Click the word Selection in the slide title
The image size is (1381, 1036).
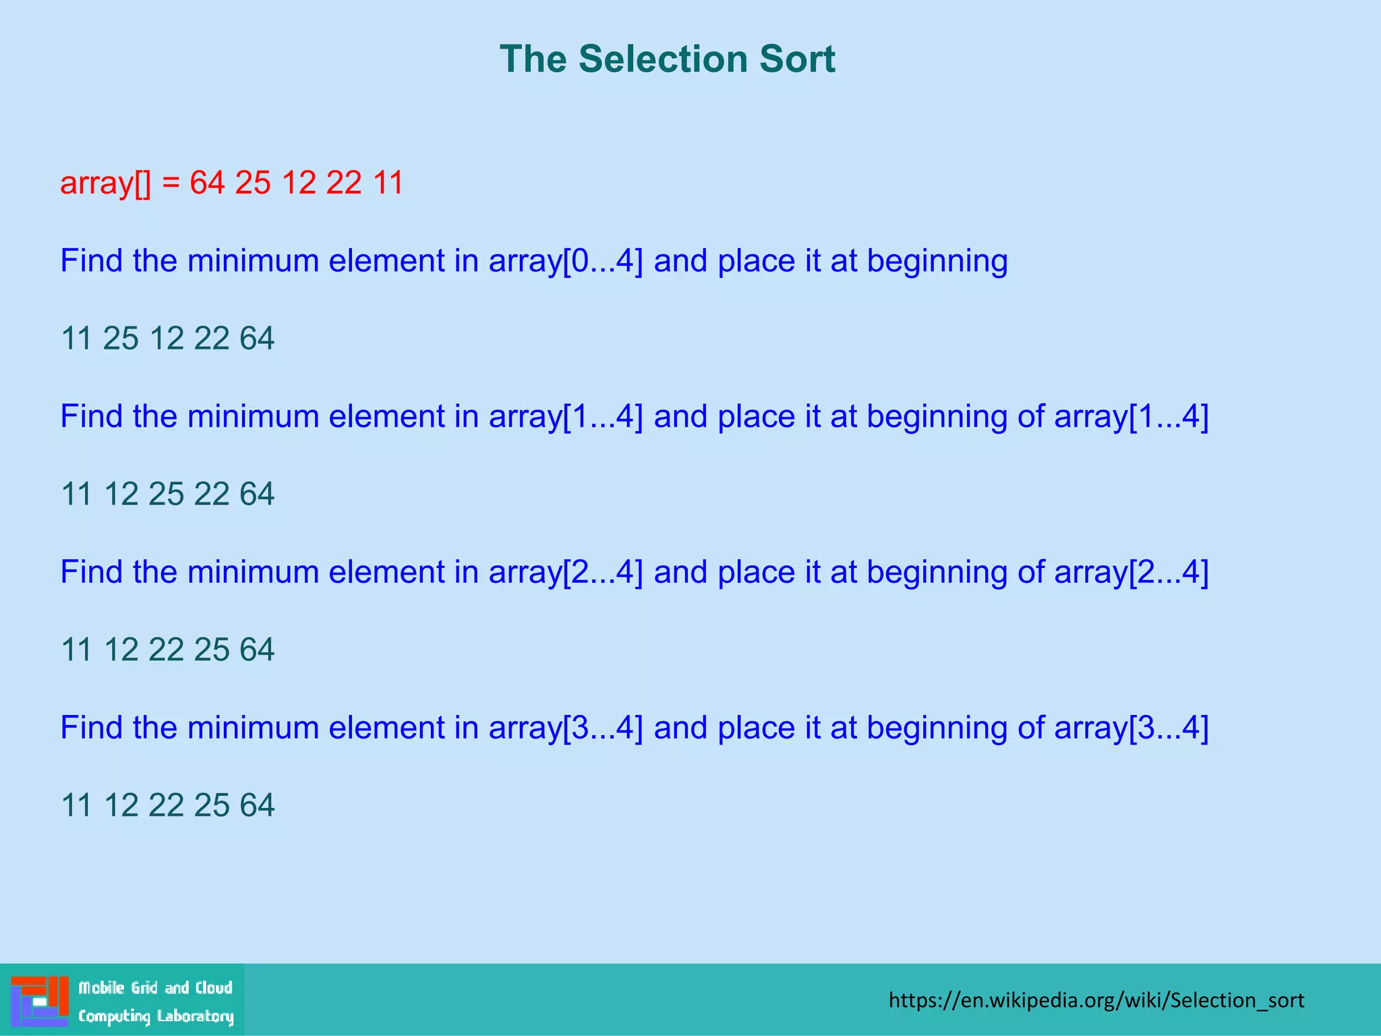(663, 59)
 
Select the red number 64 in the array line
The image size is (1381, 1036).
(207, 183)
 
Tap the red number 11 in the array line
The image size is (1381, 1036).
(388, 183)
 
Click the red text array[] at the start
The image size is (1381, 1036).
(105, 183)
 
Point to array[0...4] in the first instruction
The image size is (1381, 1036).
(565, 262)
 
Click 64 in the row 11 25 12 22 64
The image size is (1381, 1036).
(257, 339)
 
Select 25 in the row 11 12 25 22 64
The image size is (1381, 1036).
(166, 494)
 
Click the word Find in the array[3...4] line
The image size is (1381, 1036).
(91, 728)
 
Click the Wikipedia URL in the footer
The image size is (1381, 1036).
(1096, 1000)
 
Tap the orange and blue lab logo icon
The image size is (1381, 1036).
(40, 1000)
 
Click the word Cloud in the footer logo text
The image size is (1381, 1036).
(214, 988)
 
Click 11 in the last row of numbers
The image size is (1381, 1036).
(76, 806)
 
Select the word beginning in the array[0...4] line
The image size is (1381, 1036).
(937, 262)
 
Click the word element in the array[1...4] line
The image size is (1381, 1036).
(386, 417)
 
